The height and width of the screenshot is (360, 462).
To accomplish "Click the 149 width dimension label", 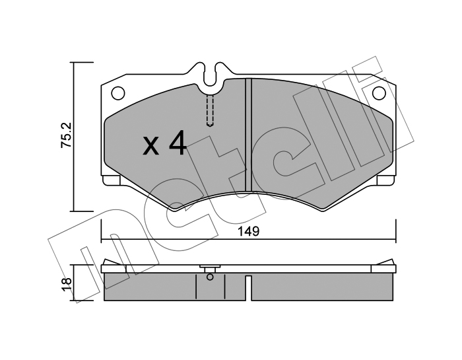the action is [248, 231].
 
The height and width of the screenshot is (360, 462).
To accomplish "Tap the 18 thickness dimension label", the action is [67, 285].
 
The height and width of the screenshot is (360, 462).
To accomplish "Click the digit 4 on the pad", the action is [177, 143].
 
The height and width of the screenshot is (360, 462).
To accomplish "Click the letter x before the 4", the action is [151, 146].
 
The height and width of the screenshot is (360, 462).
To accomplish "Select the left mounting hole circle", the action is [118, 93].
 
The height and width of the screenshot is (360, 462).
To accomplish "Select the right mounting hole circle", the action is [379, 93].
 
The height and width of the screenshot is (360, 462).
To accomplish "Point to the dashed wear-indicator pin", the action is [209, 110].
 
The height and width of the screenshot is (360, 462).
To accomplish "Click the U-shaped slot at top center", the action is [209, 75].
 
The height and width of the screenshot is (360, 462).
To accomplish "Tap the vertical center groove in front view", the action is [248, 135].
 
